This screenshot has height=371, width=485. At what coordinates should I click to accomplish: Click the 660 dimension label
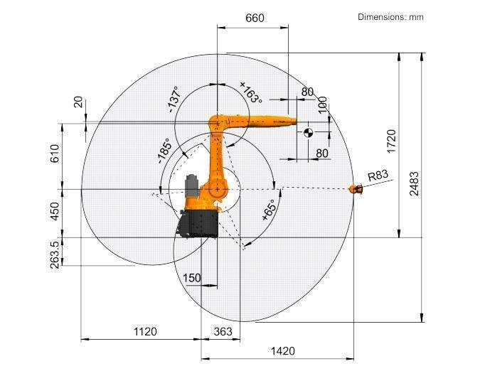(255, 18)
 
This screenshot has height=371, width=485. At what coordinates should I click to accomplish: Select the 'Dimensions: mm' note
(390, 16)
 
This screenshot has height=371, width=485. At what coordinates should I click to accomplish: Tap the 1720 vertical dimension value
(391, 141)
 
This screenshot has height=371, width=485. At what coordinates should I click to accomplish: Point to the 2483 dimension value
(414, 183)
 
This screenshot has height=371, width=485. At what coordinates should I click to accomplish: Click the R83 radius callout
(378, 176)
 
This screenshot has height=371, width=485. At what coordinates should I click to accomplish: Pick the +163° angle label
(251, 92)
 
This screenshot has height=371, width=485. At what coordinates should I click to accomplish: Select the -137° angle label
(174, 100)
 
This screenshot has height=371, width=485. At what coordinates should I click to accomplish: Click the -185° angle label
(164, 151)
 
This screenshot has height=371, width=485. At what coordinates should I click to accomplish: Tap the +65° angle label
(269, 210)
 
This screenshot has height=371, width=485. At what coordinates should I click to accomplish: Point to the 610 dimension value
(55, 154)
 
